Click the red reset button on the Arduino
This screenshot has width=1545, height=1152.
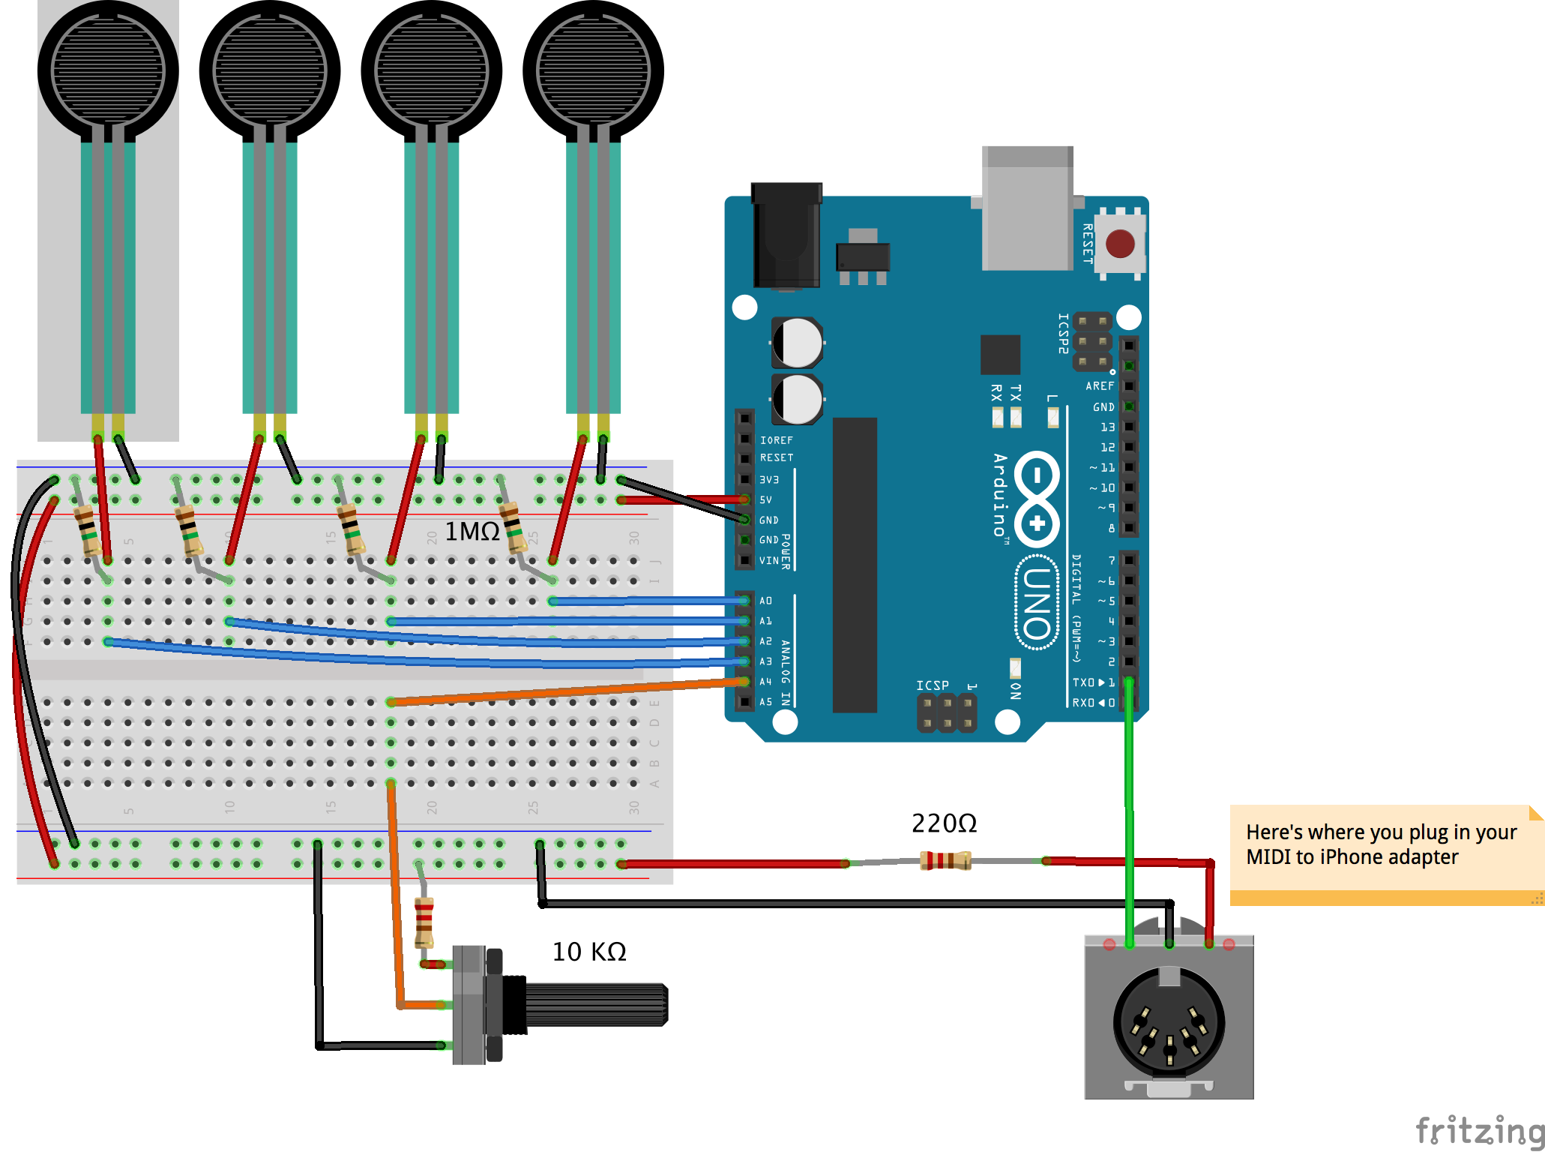(1120, 244)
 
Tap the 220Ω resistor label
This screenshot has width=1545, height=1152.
(944, 823)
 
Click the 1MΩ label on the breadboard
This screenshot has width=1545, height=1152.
(472, 531)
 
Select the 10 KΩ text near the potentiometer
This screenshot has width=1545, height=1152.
(589, 952)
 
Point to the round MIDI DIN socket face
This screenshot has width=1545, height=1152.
(1169, 1021)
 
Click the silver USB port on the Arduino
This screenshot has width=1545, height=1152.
(1027, 210)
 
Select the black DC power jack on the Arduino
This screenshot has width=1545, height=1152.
(786, 236)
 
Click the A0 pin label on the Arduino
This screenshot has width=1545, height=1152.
(765, 601)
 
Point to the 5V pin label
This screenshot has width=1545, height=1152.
(765, 499)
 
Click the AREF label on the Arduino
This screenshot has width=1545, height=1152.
(1100, 386)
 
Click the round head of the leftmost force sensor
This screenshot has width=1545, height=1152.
(108, 70)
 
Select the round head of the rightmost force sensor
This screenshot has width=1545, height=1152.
(593, 70)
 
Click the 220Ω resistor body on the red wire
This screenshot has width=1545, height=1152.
(945, 860)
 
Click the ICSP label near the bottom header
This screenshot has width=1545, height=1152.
(932, 685)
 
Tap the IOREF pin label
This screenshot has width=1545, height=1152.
(776, 440)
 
